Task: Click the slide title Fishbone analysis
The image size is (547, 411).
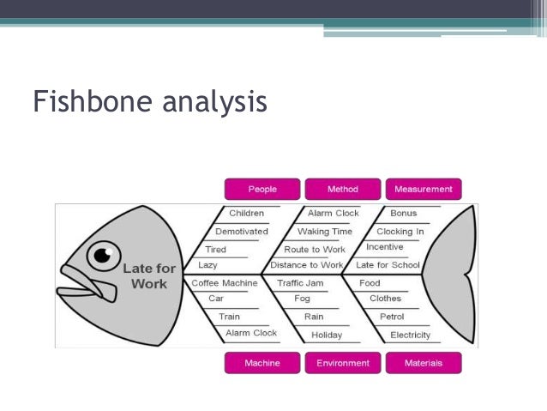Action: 150,101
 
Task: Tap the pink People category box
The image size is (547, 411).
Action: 262,189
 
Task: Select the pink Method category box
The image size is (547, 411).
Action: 343,189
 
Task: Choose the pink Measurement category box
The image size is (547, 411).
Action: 424,189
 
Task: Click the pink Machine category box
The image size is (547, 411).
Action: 262,363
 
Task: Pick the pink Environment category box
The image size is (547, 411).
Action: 343,363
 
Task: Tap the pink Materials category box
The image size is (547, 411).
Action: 424,363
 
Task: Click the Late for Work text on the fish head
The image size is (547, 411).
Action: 149,276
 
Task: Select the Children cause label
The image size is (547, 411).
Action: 247,213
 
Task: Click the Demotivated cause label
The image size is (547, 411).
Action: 242,232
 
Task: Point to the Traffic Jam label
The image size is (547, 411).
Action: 300,282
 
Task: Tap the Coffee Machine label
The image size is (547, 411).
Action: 225,282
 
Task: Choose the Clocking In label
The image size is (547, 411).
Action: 400,232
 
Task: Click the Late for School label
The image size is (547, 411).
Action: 388,265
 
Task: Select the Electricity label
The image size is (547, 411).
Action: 411,335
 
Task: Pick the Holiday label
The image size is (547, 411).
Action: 327,335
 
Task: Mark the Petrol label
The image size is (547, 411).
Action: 392,317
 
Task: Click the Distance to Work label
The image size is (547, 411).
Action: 307,265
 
